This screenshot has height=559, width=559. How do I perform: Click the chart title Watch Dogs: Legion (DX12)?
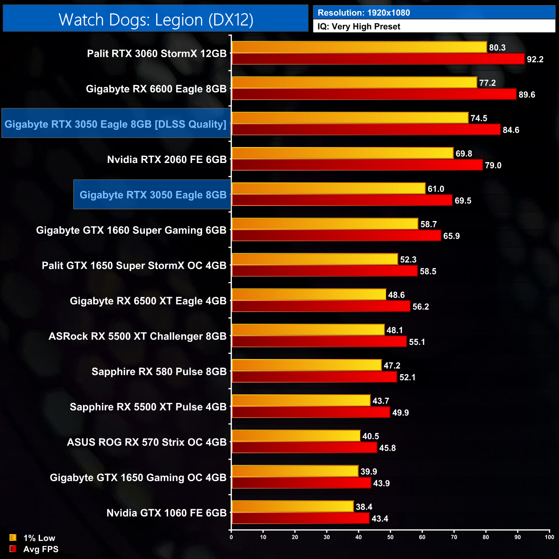coord(156,20)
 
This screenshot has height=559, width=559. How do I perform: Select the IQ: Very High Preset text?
coord(359,27)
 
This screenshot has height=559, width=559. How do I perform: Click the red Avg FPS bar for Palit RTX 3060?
coord(378,59)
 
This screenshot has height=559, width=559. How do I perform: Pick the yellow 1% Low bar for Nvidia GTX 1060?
coord(292,507)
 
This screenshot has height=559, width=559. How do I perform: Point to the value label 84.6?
coord(511,130)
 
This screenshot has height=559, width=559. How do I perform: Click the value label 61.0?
coord(436,189)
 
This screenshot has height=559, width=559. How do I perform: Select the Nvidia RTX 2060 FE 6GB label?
coord(166,160)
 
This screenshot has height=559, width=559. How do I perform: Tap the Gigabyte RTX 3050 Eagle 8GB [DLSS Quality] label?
coord(115,124)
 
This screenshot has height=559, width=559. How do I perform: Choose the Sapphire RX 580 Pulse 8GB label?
coord(159,372)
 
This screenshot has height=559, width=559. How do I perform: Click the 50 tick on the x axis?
coord(390,537)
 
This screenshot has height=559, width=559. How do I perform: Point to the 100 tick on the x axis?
coord(549,537)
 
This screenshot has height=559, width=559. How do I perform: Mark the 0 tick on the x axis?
coord(231,537)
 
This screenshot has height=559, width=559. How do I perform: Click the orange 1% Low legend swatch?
coord(13,537)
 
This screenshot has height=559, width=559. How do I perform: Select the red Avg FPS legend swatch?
coord(13,549)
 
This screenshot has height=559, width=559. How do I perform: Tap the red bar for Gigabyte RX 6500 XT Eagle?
coord(321,306)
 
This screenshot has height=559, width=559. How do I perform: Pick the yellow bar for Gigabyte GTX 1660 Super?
coord(325,224)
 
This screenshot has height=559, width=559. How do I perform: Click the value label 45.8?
coord(387,448)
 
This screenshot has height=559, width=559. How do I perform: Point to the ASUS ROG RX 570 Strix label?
coord(146,442)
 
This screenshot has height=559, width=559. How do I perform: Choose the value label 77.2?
coord(487,83)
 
